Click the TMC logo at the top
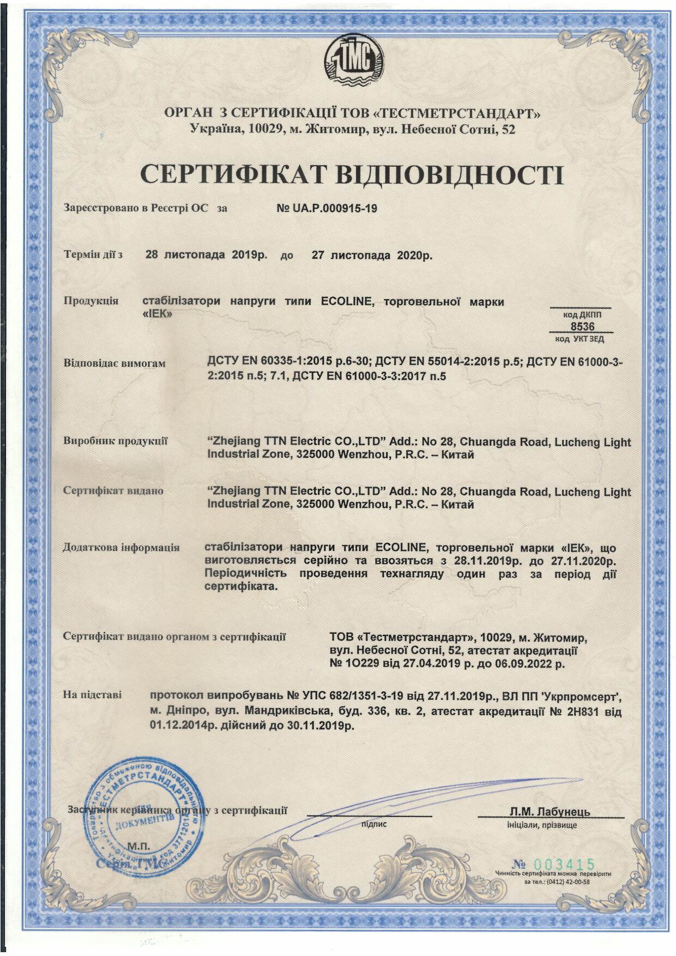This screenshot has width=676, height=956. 354,59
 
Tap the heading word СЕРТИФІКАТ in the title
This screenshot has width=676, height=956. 233,174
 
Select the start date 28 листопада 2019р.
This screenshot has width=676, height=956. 206,255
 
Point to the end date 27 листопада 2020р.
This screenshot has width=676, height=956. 372,255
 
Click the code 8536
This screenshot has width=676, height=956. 582,326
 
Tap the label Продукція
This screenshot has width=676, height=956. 91,301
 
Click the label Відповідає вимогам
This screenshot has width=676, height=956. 114,363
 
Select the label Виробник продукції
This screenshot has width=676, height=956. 116,441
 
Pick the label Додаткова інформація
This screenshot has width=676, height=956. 121,547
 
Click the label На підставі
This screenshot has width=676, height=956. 93,695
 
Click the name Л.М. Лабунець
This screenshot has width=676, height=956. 550,812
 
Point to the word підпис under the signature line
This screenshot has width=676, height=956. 374,824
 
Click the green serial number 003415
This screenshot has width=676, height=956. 564,864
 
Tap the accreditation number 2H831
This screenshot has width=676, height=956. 586,712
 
